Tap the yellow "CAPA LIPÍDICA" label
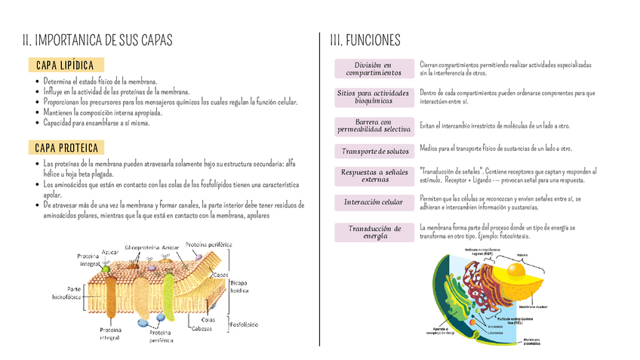tap(64, 66)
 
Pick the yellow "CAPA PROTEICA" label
tap(65, 147)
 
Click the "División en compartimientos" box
tap(374, 69)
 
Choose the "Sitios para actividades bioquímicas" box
tap(374, 97)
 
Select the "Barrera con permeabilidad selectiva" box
tap(374, 125)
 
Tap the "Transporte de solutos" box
tap(374, 152)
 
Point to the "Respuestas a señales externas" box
tap(374, 176)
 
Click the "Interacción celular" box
tap(374, 202)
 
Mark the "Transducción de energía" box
tap(374, 232)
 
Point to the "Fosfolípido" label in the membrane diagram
tap(244, 324)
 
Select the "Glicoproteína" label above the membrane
tap(142, 247)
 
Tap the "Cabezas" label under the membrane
tap(201, 328)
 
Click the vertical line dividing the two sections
tap(320, 189)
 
